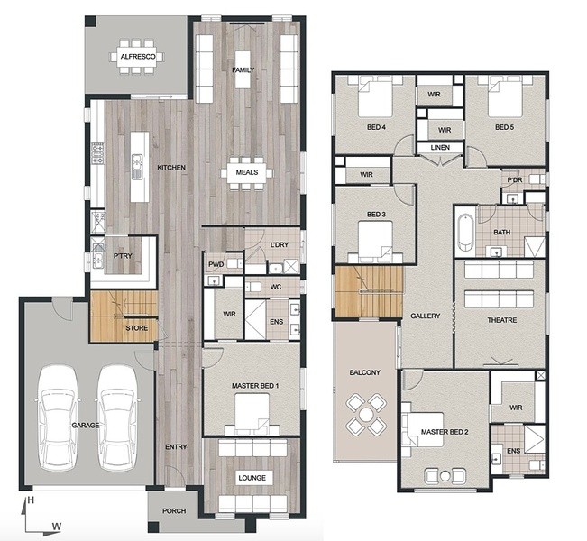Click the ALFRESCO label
coord(138,57)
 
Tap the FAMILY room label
coord(243,70)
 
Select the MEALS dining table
coord(247,172)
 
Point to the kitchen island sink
coord(137,163)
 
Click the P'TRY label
coord(123,256)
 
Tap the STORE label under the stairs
coord(137,328)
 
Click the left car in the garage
coord(58,417)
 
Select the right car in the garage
coord(117,417)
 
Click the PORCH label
coord(174,511)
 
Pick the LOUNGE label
coord(252,478)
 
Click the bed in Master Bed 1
coord(252,415)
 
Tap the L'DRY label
coord(280,245)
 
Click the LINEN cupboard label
coord(440,148)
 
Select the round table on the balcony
coord(366,415)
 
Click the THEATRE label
coord(502,320)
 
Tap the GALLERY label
coord(426,316)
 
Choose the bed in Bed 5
coord(505,96)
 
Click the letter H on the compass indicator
coord(31,500)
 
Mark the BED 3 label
coord(376,215)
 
